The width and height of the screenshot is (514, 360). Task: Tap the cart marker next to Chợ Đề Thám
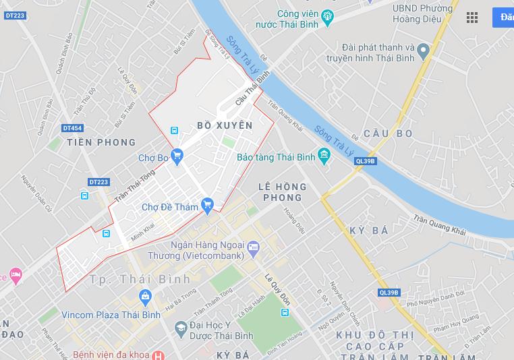(x=208, y=204)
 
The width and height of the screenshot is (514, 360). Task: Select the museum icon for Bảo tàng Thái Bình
(x=324, y=157)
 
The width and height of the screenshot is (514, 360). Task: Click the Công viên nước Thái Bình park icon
(x=328, y=16)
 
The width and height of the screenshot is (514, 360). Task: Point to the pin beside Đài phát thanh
(x=423, y=51)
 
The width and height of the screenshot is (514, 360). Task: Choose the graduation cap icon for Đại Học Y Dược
(x=180, y=328)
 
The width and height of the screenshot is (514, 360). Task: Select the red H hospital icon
(x=157, y=355)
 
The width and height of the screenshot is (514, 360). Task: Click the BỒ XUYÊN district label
(x=225, y=126)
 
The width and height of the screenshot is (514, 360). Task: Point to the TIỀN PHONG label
(x=101, y=143)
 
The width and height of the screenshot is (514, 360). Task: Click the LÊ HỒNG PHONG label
(x=282, y=192)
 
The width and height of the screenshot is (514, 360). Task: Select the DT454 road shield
(x=72, y=127)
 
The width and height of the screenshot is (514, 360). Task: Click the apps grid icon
(x=472, y=18)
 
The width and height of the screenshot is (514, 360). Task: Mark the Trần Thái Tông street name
(x=135, y=186)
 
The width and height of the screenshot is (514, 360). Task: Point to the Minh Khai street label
(x=143, y=233)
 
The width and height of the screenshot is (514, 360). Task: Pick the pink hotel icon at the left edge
(x=15, y=276)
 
